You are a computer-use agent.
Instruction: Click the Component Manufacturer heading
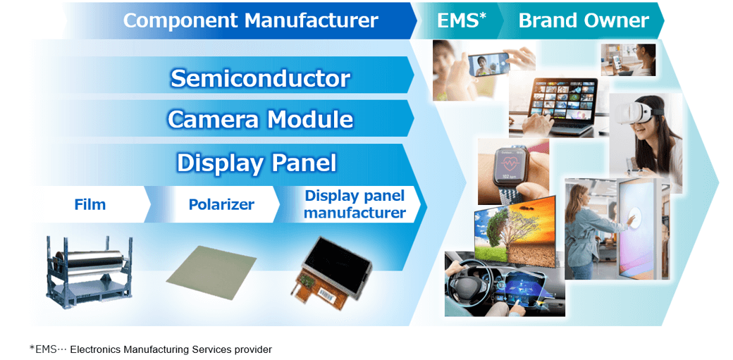tap(250, 20)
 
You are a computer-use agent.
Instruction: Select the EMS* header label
tap(462, 20)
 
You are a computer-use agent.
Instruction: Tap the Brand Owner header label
tap(583, 20)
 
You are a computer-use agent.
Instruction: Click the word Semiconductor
tap(259, 78)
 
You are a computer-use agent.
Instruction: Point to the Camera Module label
tap(259, 119)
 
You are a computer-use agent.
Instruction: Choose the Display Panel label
tap(256, 163)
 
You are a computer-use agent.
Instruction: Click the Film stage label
tap(90, 205)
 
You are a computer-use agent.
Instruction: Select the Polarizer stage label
tap(221, 205)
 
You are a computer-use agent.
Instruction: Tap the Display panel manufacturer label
tap(355, 204)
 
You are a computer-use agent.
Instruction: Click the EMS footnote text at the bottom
tap(150, 349)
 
